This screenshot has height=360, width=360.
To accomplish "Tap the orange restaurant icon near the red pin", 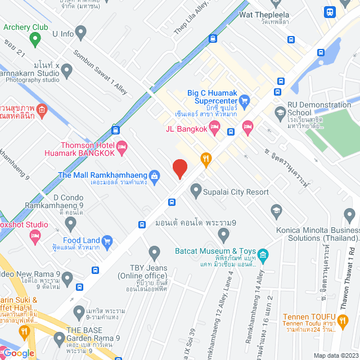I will pyautogui.click(x=206, y=160).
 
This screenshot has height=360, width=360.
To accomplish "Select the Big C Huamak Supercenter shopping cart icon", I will pyautogui.click(x=244, y=101).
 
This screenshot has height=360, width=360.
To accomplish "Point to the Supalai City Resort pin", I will pyautogui.click(x=196, y=190).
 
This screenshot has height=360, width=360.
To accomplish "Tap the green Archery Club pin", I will pyautogui.click(x=35, y=39).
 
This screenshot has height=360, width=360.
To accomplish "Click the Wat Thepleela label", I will pyautogui.click(x=264, y=15).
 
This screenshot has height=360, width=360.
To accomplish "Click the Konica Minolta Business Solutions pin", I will pyautogui.click(x=350, y=215).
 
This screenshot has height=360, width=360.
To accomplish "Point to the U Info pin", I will pyautogui.click(x=81, y=33).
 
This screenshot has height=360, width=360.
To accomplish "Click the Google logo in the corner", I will pyautogui.click(x=20, y=353).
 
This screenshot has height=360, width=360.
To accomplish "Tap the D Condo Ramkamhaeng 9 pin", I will pyautogui.click(x=70, y=223).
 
